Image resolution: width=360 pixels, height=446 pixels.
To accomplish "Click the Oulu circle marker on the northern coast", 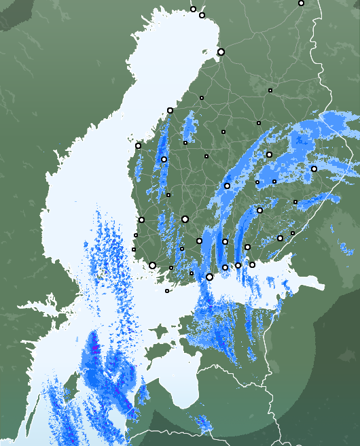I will (221, 52).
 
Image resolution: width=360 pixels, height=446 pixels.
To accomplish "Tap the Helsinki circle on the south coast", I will (209, 277).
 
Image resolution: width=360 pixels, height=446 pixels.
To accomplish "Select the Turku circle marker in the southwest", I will (152, 265).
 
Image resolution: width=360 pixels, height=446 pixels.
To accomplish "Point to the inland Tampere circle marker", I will (185, 219).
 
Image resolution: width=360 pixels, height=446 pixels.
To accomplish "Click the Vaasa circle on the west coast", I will (138, 145).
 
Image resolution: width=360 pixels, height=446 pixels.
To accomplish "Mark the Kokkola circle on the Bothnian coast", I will (170, 110).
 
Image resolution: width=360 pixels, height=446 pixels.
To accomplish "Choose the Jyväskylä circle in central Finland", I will (227, 186).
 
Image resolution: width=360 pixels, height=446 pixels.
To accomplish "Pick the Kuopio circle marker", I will (269, 154).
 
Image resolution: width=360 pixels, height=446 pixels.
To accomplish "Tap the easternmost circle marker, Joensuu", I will (314, 169).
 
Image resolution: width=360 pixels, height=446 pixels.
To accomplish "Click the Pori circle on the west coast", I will (141, 220).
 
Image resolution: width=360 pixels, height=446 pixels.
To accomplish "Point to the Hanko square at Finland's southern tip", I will (167, 291).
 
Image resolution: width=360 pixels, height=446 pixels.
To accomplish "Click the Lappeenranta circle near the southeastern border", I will (280, 238).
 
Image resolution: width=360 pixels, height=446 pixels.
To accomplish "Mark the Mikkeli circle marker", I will (259, 210).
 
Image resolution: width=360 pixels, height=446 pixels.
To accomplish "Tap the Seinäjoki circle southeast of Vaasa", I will (164, 159).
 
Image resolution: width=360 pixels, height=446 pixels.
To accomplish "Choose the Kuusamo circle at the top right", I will (301, 3).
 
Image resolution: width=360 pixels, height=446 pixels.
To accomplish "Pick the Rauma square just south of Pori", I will (136, 235).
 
